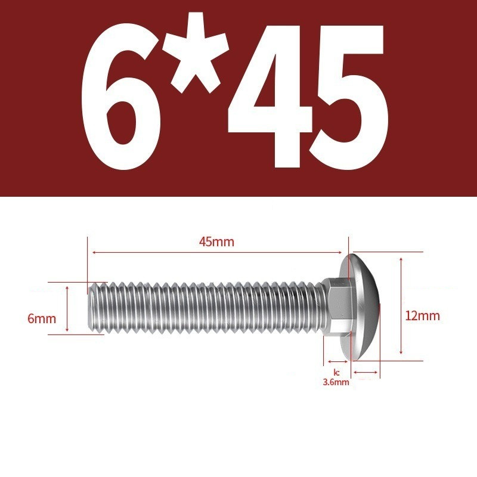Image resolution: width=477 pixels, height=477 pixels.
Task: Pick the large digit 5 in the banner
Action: (x=349, y=97)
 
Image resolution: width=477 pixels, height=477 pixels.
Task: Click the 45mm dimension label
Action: (x=216, y=242)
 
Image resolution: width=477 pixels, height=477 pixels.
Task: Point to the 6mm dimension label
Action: (x=42, y=319)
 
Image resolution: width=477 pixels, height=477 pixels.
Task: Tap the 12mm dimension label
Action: (x=423, y=316)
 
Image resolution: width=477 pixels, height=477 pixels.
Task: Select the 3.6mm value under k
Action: (x=336, y=382)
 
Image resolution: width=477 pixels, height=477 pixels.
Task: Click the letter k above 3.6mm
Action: (x=336, y=372)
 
